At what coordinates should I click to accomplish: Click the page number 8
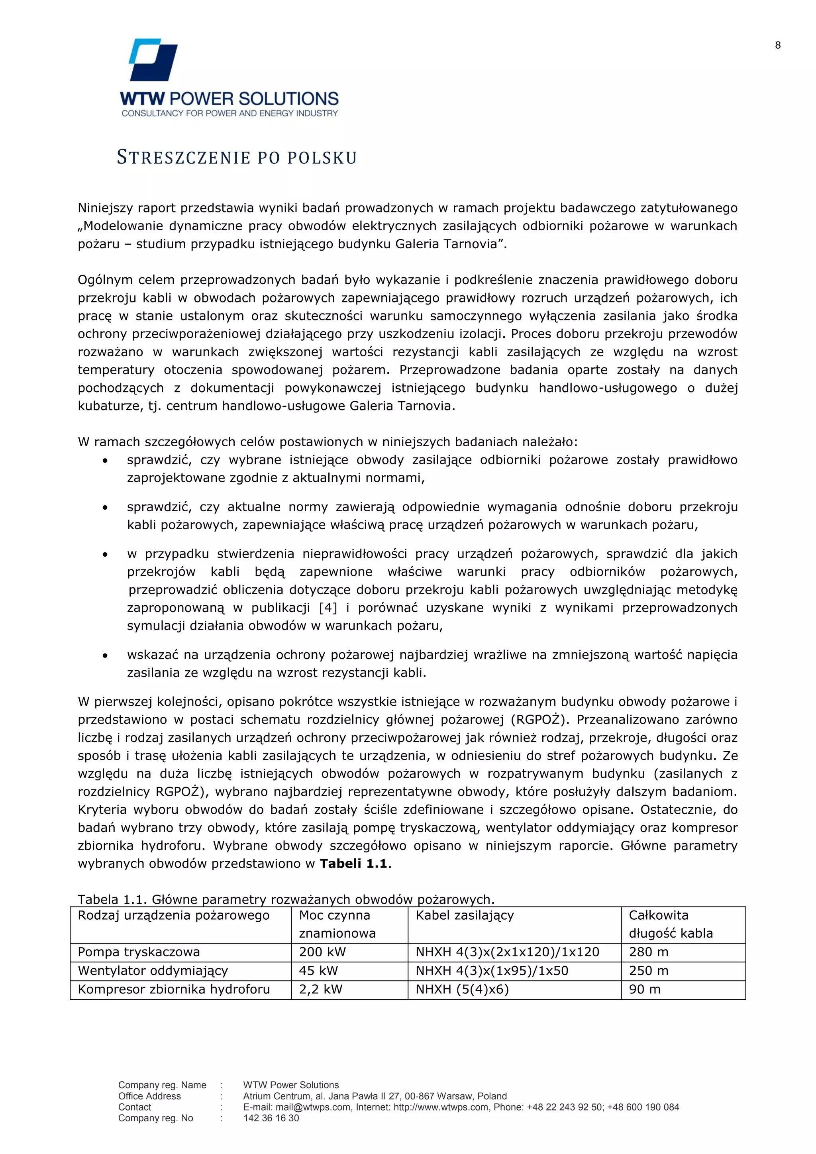point(778,45)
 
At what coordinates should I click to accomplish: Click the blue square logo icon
point(153,59)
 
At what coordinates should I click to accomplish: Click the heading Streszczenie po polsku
point(237,158)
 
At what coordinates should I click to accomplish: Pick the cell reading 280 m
point(648,952)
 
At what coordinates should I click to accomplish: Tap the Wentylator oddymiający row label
point(153,971)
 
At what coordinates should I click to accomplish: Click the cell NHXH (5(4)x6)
point(462,989)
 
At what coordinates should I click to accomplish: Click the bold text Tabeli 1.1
point(353,864)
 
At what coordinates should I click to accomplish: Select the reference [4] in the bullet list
point(328,608)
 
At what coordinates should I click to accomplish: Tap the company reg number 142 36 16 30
point(271,1118)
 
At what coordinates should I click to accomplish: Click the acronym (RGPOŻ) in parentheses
point(540,720)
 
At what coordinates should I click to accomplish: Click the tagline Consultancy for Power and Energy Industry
point(229,114)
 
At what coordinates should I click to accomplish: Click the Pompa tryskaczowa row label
point(139,952)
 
